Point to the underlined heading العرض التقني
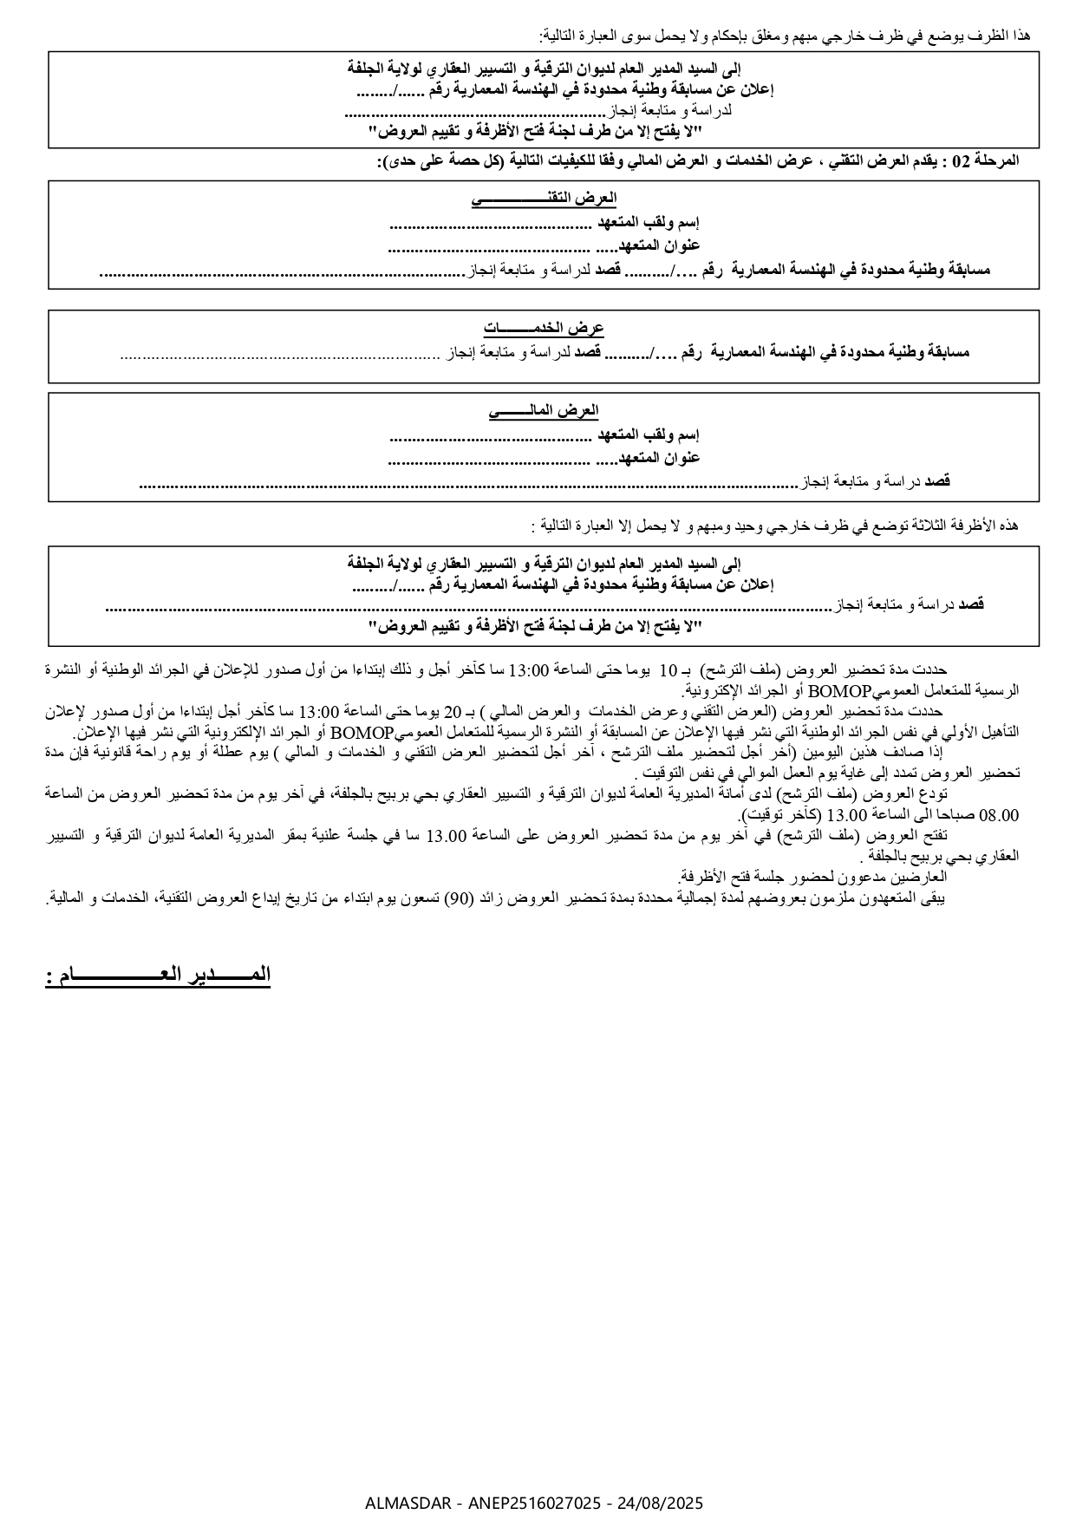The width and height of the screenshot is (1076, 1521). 544,199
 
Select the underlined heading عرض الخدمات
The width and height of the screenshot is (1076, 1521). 544,329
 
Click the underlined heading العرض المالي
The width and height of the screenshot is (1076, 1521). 544,410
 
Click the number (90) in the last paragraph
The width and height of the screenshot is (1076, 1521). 458,898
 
